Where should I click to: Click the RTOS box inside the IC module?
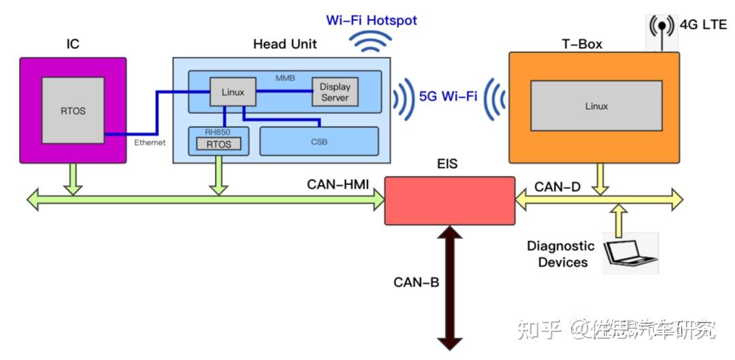click(73, 110)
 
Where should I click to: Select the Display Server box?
click(335, 92)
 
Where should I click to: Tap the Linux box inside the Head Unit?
click(233, 92)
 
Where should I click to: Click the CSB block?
click(318, 141)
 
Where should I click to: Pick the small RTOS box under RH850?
click(219, 144)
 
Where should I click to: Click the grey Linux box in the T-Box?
click(596, 106)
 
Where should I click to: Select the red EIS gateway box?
click(450, 201)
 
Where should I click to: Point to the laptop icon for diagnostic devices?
click(630, 253)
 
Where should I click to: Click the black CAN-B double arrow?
click(450, 287)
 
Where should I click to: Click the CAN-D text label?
click(558, 188)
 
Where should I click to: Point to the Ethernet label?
click(150, 143)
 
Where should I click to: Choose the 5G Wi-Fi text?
click(448, 97)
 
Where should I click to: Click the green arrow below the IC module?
click(73, 179)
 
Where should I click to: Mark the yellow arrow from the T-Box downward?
click(600, 179)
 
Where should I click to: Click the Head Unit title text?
click(285, 44)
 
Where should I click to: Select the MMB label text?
click(285, 78)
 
